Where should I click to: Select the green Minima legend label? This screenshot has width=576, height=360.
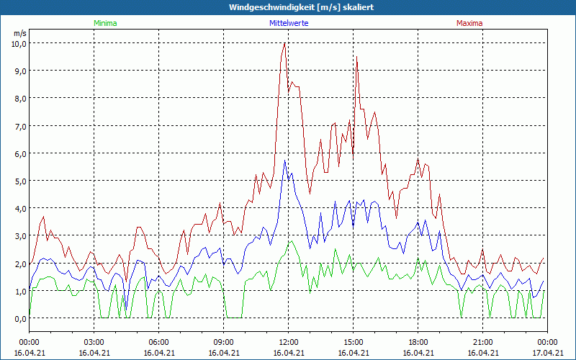click(104, 23)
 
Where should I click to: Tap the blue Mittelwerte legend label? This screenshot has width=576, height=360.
click(289, 23)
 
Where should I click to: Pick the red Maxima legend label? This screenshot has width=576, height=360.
click(469, 23)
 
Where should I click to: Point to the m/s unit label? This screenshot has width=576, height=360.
click(20, 33)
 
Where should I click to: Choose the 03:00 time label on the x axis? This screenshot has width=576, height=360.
click(94, 342)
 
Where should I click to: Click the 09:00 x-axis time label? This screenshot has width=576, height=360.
click(224, 342)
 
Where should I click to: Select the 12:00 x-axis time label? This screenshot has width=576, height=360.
click(289, 342)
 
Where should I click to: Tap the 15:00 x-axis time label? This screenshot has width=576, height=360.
click(354, 342)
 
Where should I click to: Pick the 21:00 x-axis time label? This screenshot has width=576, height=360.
click(483, 342)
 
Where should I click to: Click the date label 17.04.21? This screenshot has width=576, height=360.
click(547, 353)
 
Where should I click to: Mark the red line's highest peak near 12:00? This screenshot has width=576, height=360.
click(285, 43)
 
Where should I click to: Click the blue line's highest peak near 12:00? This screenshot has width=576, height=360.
click(285, 161)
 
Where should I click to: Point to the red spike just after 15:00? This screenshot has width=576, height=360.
click(356, 57)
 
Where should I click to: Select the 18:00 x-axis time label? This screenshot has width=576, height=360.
click(418, 342)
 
